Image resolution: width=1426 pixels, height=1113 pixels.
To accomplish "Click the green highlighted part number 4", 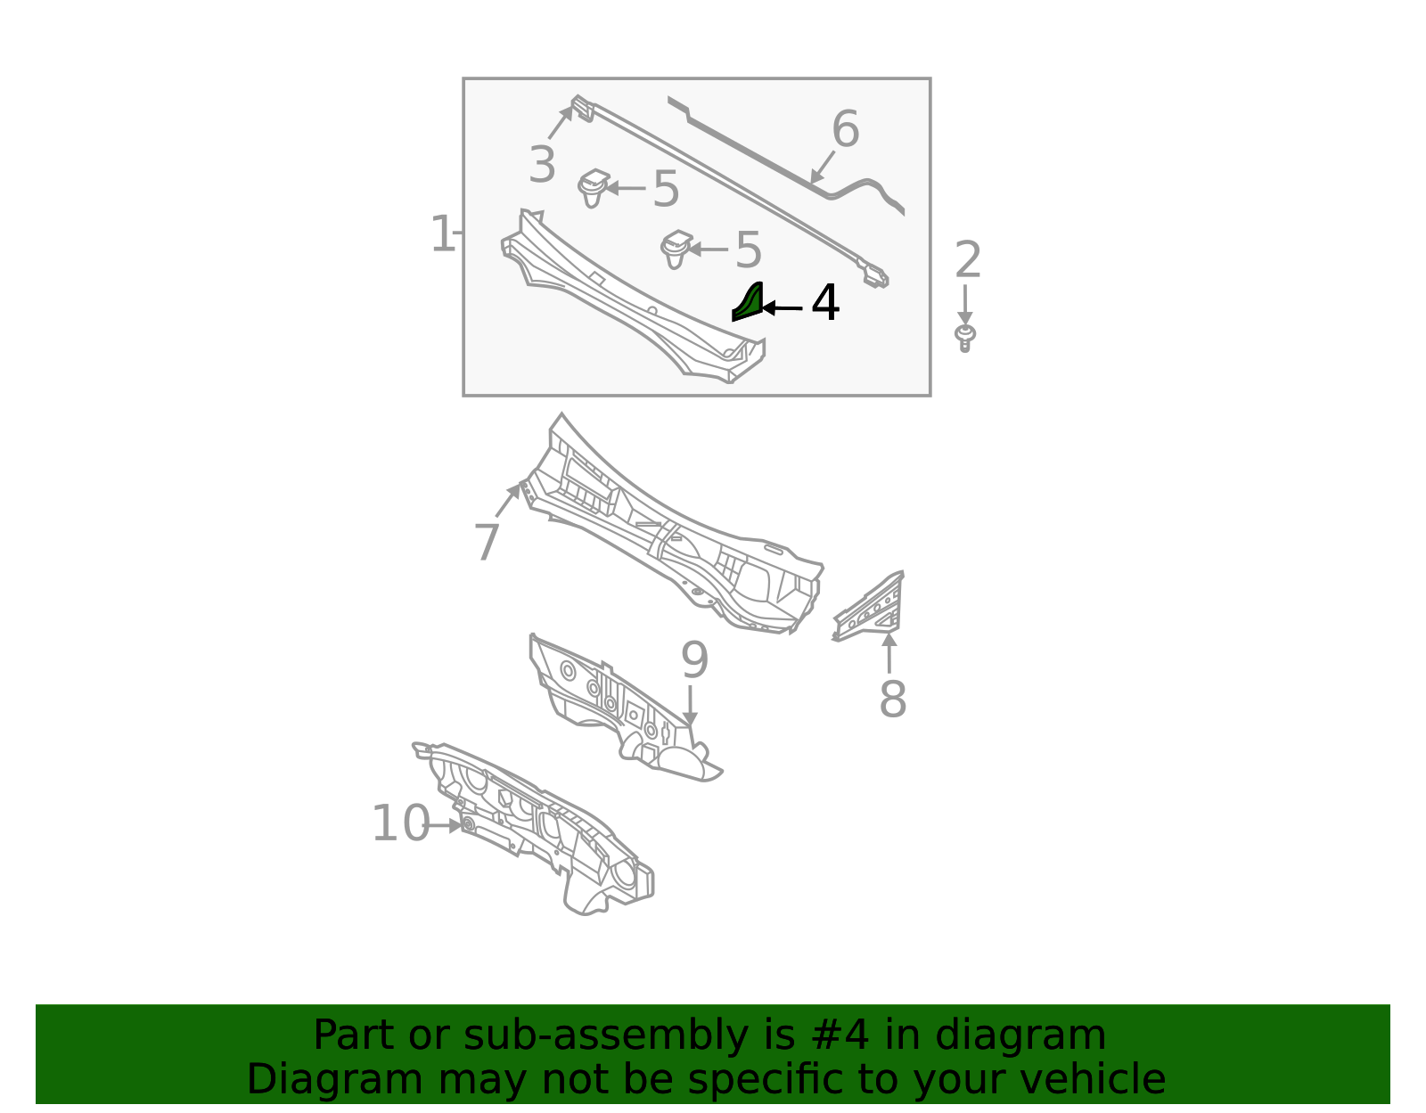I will (750, 303).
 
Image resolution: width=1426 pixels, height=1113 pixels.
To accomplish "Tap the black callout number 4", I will (825, 304).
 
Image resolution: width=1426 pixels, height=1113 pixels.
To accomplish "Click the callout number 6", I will (845, 130).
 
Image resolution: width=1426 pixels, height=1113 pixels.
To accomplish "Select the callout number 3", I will (542, 166).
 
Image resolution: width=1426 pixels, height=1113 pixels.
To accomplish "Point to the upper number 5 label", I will (666, 190).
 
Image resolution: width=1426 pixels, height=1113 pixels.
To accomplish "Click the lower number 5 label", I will (748, 250).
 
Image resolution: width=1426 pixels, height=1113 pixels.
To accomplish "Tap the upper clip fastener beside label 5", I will (592, 187).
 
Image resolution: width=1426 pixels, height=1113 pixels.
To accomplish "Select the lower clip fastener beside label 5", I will (676, 249).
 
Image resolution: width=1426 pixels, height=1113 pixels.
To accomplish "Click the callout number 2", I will (968, 260).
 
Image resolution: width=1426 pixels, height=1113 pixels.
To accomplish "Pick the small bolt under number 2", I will (964, 338).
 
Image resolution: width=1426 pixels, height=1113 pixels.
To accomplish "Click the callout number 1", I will (442, 234).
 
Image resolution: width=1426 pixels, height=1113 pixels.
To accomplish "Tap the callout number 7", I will (487, 543).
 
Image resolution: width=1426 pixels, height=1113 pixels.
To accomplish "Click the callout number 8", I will (892, 700).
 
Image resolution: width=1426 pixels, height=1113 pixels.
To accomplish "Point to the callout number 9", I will (694, 660).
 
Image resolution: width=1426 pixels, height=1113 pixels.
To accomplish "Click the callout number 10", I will (400, 823).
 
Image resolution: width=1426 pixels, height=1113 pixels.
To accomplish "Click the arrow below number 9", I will (690, 705).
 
